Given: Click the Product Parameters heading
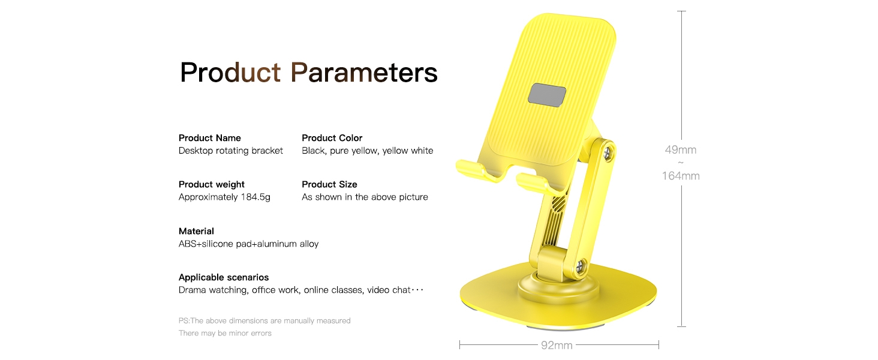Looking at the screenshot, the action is [x=308, y=73].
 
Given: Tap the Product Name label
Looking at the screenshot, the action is [x=210, y=138].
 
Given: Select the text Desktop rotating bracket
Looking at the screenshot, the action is [x=230, y=151].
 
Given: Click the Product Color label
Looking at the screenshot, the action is [x=332, y=138].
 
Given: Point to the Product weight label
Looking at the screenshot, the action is [x=211, y=184].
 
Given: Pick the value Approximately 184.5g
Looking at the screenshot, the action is [x=224, y=197].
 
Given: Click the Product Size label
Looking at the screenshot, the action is [x=329, y=184].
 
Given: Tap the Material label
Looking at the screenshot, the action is [x=196, y=231].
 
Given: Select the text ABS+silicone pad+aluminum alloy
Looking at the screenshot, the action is [x=248, y=244].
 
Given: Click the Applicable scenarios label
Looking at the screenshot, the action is [x=224, y=277].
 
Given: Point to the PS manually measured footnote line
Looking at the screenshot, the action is [x=264, y=321].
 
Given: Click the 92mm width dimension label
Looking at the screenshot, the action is [x=557, y=345].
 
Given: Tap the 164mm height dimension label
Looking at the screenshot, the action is [x=681, y=176].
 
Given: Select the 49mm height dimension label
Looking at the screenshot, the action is [x=681, y=150].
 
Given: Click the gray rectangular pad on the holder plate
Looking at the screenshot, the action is [x=547, y=95].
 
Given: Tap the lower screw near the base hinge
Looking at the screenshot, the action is [x=579, y=268].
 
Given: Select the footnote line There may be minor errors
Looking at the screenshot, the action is [x=225, y=334].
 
